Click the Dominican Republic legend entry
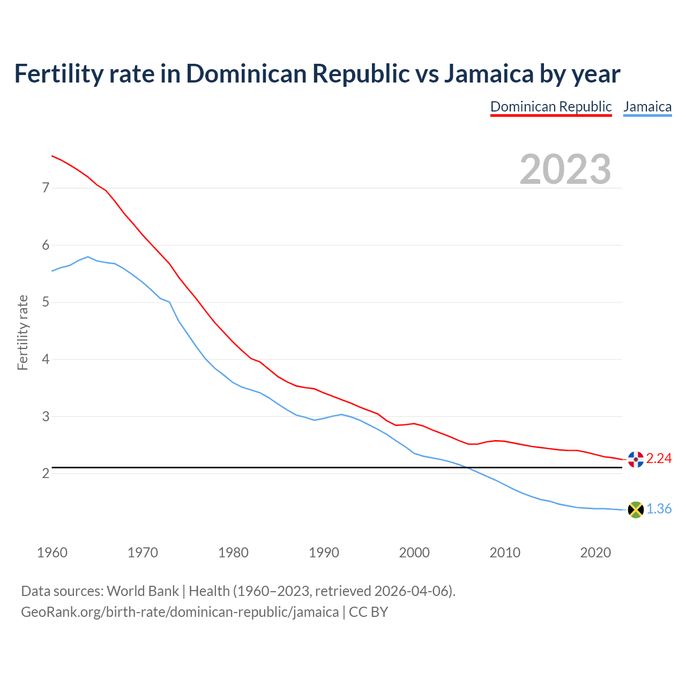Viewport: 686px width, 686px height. [551, 107]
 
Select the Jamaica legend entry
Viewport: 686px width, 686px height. [647, 107]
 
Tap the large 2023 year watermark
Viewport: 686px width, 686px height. [565, 169]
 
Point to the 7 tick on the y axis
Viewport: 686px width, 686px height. [46, 188]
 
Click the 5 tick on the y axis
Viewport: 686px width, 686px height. [46, 302]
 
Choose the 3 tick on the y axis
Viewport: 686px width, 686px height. [46, 416]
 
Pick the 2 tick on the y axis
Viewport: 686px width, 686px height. [46, 474]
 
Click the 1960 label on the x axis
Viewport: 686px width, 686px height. [52, 553]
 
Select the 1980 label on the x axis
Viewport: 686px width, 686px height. [233, 553]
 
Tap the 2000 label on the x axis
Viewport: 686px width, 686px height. [414, 553]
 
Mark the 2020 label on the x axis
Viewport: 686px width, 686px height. [595, 553]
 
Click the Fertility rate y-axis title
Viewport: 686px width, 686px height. [23, 332]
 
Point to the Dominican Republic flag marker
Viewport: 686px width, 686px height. [636, 459]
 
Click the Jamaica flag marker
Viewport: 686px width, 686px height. [636, 510]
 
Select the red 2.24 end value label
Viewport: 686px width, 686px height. [659, 459]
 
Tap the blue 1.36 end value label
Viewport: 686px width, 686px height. [659, 509]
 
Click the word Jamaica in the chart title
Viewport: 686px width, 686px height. [488, 74]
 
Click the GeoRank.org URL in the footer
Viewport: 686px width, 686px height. [180, 612]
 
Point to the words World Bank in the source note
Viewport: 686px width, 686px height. [143, 591]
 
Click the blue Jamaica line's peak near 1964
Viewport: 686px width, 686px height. [88, 257]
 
